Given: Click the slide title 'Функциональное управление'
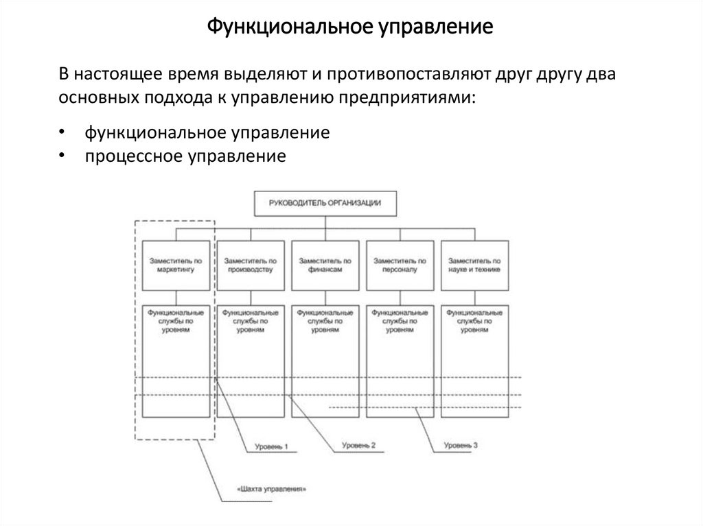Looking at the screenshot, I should point(351,28).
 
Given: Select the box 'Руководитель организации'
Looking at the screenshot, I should point(325,203).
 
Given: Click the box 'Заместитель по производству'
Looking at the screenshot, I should point(251,265).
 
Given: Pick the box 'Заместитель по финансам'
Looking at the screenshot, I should point(325,265).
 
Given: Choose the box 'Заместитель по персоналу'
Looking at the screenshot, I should point(400,265).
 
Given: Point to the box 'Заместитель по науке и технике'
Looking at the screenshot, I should point(474,265).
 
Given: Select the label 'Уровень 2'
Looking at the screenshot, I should point(358,446).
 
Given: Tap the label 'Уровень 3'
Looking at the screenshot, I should point(460,445).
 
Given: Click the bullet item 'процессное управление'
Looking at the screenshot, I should point(185,156).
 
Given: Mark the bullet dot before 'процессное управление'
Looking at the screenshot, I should point(62,156).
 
